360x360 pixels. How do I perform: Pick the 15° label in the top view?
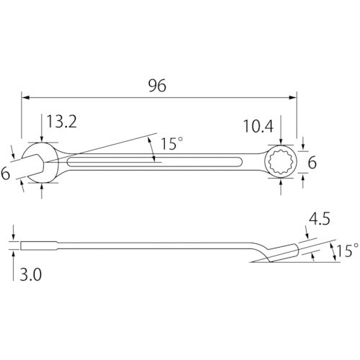[171, 144]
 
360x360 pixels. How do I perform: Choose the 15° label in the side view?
[346, 250]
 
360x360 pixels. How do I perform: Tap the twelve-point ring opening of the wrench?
[279, 163]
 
